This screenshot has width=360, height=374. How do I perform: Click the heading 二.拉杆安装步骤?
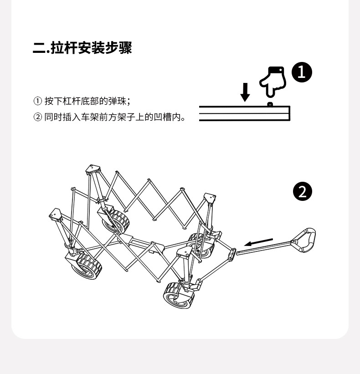(82, 48)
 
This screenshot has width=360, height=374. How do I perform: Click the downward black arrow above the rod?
(245, 92)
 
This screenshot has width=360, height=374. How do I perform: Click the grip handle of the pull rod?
(305, 241)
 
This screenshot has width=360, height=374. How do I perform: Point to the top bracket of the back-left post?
(93, 170)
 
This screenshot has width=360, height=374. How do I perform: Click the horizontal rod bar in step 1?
(244, 113)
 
